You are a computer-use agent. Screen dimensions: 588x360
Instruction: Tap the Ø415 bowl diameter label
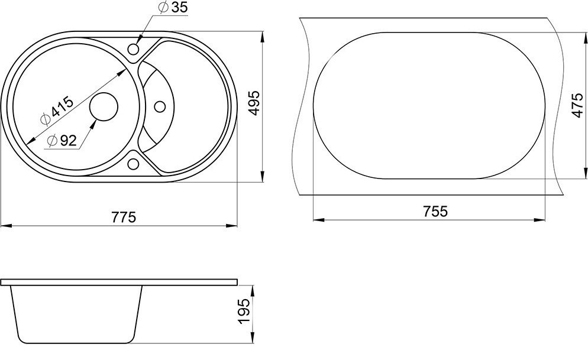tap(57, 110)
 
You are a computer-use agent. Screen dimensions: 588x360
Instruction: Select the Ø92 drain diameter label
tap(62, 141)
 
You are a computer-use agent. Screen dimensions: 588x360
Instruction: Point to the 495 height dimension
tap(254, 103)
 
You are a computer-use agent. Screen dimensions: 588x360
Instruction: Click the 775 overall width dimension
tap(124, 216)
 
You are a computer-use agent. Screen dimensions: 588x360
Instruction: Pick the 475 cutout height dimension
tap(578, 105)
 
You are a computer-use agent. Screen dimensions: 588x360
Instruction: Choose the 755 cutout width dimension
tap(435, 211)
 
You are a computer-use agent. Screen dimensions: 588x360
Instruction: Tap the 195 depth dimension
tap(244, 312)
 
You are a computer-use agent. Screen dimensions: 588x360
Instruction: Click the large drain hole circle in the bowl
tap(104, 107)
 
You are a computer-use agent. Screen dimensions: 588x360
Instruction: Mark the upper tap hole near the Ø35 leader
tap(134, 49)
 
